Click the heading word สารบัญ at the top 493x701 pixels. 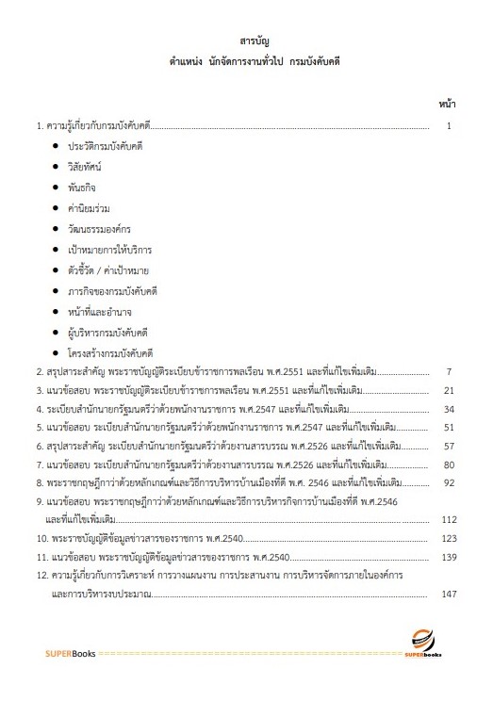[x=248, y=41]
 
